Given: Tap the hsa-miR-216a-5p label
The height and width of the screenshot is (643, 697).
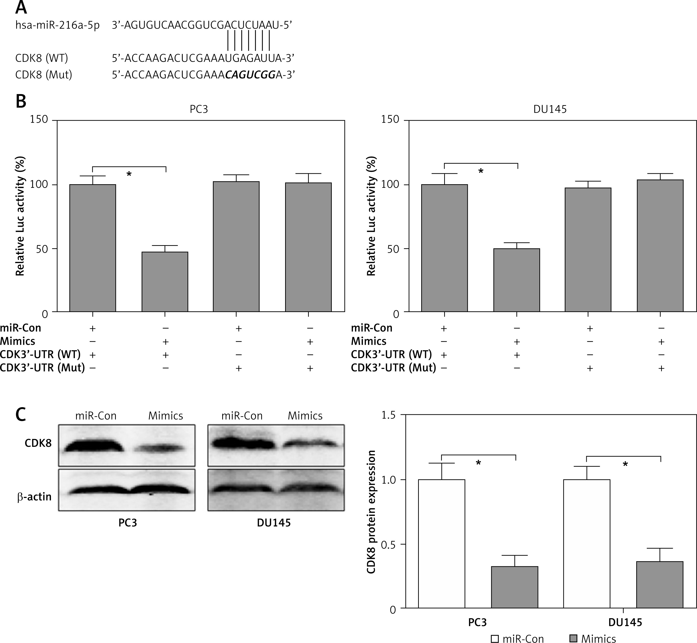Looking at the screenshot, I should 57,25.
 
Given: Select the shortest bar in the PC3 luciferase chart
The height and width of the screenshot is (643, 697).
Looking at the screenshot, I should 165,281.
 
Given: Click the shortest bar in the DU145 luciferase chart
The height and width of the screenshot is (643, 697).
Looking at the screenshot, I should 517,280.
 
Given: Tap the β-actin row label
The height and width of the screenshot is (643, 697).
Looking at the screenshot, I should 34,497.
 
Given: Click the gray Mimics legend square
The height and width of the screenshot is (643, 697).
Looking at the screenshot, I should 573,638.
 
